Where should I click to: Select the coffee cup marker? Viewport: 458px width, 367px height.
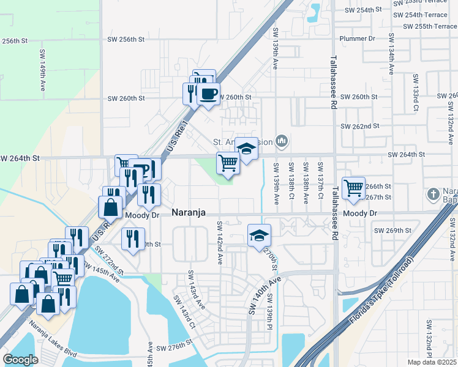208,93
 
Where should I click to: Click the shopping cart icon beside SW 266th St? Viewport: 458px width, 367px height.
353,188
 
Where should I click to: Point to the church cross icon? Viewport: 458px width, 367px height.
433,194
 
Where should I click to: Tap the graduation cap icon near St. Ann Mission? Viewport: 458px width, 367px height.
246,149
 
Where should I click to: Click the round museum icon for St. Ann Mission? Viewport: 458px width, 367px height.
282,142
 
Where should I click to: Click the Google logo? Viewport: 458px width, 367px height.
21,359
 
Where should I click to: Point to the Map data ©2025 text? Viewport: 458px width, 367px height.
432,362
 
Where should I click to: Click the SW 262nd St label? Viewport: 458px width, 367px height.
360,126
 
